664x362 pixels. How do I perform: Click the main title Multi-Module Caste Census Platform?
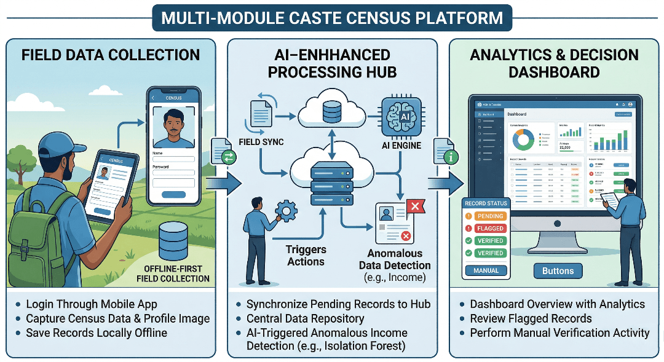click(331, 18)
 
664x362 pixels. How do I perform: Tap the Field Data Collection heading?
click(111, 55)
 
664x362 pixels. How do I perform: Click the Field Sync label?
click(261, 142)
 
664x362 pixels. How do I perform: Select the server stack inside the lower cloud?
click(332, 183)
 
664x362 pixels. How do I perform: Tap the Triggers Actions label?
click(306, 256)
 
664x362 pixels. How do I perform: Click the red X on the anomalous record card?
click(414, 207)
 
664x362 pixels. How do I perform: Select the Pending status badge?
click(489, 216)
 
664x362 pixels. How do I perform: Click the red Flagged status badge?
click(489, 228)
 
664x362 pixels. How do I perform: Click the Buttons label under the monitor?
click(558, 270)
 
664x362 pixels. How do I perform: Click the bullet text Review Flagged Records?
click(530, 318)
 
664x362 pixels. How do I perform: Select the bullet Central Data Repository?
click(305, 318)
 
